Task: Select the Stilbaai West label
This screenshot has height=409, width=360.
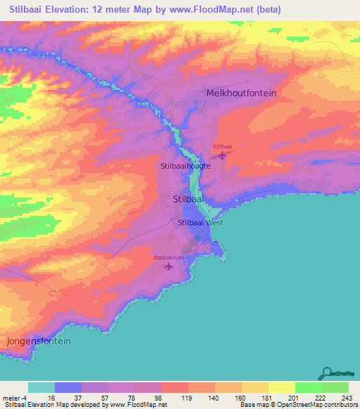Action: click(x=200, y=223)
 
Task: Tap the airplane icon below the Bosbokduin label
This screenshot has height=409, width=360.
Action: click(x=167, y=267)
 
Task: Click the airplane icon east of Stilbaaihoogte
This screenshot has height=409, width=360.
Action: click(x=223, y=155)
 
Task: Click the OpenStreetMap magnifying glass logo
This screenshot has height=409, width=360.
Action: click(x=328, y=374)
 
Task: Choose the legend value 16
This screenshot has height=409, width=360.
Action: click(x=51, y=397)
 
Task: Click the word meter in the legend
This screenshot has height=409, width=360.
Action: click(x=10, y=397)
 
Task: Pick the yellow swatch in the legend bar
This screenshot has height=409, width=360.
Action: click(x=281, y=387)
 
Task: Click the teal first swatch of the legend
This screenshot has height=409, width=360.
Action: click(x=41, y=387)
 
